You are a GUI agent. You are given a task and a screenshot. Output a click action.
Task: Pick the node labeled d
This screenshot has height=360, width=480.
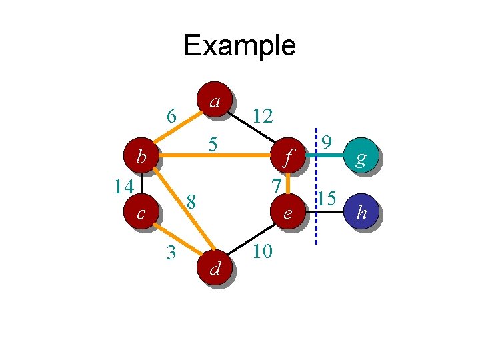click(x=215, y=268)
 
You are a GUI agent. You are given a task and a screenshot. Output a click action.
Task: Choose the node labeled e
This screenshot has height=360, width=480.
click(x=288, y=213)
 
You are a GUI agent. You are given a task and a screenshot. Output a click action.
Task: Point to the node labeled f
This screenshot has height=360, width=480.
click(x=288, y=158)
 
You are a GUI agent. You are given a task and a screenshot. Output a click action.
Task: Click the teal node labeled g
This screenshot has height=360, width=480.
click(x=361, y=158)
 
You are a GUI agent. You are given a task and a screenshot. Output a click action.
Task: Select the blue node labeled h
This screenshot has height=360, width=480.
click(x=361, y=213)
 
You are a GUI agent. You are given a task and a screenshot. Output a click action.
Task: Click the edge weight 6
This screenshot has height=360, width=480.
click(x=171, y=117)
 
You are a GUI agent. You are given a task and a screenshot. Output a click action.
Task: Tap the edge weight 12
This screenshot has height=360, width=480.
click(x=262, y=117)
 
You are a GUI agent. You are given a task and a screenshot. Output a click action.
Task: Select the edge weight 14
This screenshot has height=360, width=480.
click(x=123, y=186)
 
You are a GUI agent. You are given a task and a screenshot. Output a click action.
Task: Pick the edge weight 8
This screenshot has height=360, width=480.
click(x=191, y=201)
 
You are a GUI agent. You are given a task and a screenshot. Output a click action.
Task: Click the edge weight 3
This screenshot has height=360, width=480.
click(x=171, y=253)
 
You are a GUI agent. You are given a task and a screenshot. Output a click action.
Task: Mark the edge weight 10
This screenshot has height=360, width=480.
click(x=262, y=252)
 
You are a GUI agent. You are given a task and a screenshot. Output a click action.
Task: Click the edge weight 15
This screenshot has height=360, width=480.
click(x=326, y=198)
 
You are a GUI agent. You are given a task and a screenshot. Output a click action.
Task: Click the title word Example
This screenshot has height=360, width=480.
click(x=239, y=45)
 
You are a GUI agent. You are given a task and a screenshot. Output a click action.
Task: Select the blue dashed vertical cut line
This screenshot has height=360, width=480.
click(x=316, y=227)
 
